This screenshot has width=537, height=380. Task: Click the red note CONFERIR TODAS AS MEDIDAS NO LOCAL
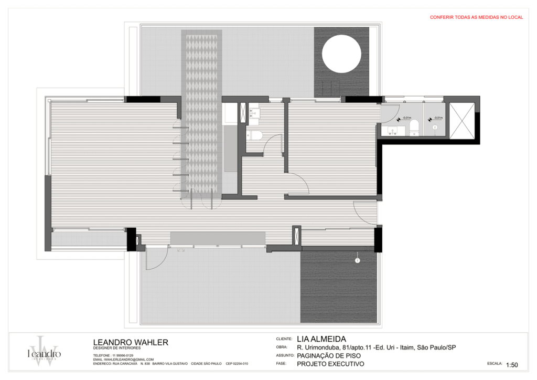point(476,17)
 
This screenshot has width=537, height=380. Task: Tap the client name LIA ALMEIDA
point(321,339)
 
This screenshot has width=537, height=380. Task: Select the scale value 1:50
point(512,365)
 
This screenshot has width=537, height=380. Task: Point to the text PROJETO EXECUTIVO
point(330,364)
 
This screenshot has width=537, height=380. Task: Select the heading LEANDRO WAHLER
point(131,342)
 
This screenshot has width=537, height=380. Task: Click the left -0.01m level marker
point(404,118)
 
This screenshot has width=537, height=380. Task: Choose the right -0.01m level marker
point(436,118)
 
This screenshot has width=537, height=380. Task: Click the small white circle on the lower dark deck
point(357,260)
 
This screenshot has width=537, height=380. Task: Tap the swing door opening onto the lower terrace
point(155,261)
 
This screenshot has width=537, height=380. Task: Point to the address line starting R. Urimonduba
point(376,347)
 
